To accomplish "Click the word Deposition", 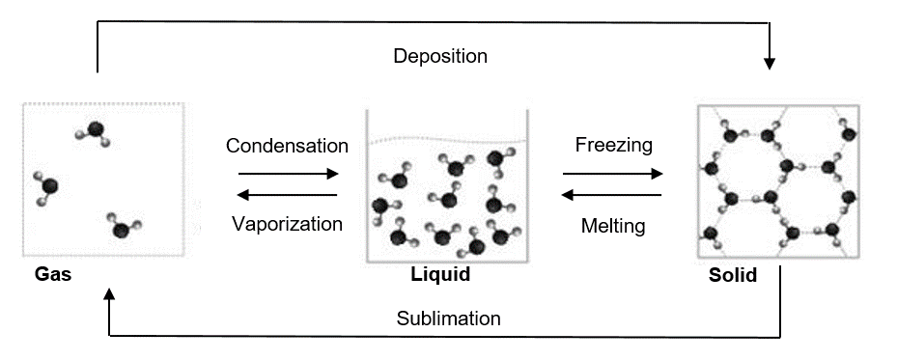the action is pos(440,56).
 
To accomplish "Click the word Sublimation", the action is pos(448,318).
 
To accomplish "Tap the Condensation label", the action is pos(287,146).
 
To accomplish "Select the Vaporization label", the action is pos(287,223).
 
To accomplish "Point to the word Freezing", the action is pos(614,145).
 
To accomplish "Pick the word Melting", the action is pos(613,226).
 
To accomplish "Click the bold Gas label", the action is pos(53,274).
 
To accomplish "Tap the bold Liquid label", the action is pos(440,274).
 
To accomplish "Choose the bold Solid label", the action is pos(733,275).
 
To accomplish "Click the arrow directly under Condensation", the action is pos(289,173).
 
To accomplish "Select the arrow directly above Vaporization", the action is pos(287,195).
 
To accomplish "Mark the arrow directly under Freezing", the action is pos(613,173).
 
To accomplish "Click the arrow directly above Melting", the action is pos(611,195).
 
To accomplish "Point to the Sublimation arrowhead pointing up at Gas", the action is pos(109,293).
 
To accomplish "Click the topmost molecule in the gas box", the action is pos(94,132).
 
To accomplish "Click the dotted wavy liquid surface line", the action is pos(447,139).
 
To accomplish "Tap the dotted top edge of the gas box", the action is pos(103,103).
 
